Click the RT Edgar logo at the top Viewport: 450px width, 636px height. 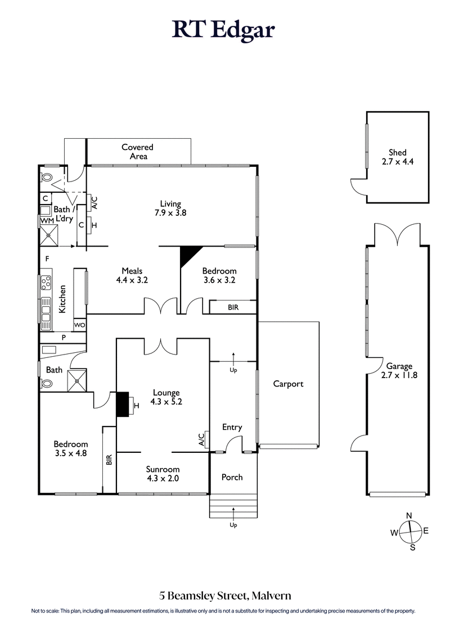pyautogui.click(x=224, y=30)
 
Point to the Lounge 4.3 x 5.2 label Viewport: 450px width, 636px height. pyautogui.click(x=166, y=397)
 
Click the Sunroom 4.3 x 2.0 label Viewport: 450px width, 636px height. pyautogui.click(x=163, y=474)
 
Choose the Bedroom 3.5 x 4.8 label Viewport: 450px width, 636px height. pyautogui.click(x=70, y=448)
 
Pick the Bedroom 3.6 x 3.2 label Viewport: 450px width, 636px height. pyautogui.click(x=219, y=275)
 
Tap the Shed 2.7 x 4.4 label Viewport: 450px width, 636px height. pyautogui.click(x=397, y=157)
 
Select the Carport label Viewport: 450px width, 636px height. pyautogui.click(x=288, y=384)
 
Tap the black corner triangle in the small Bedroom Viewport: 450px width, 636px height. pyautogui.click(x=187, y=256)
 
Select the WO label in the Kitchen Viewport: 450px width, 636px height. pyautogui.click(x=80, y=325)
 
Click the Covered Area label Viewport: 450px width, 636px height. pyautogui.click(x=137, y=152)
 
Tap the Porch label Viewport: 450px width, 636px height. pyautogui.click(x=232, y=477)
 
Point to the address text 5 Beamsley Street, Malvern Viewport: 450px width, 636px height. pyautogui.click(x=224, y=595)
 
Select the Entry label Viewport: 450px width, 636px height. pyautogui.click(x=232, y=427)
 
